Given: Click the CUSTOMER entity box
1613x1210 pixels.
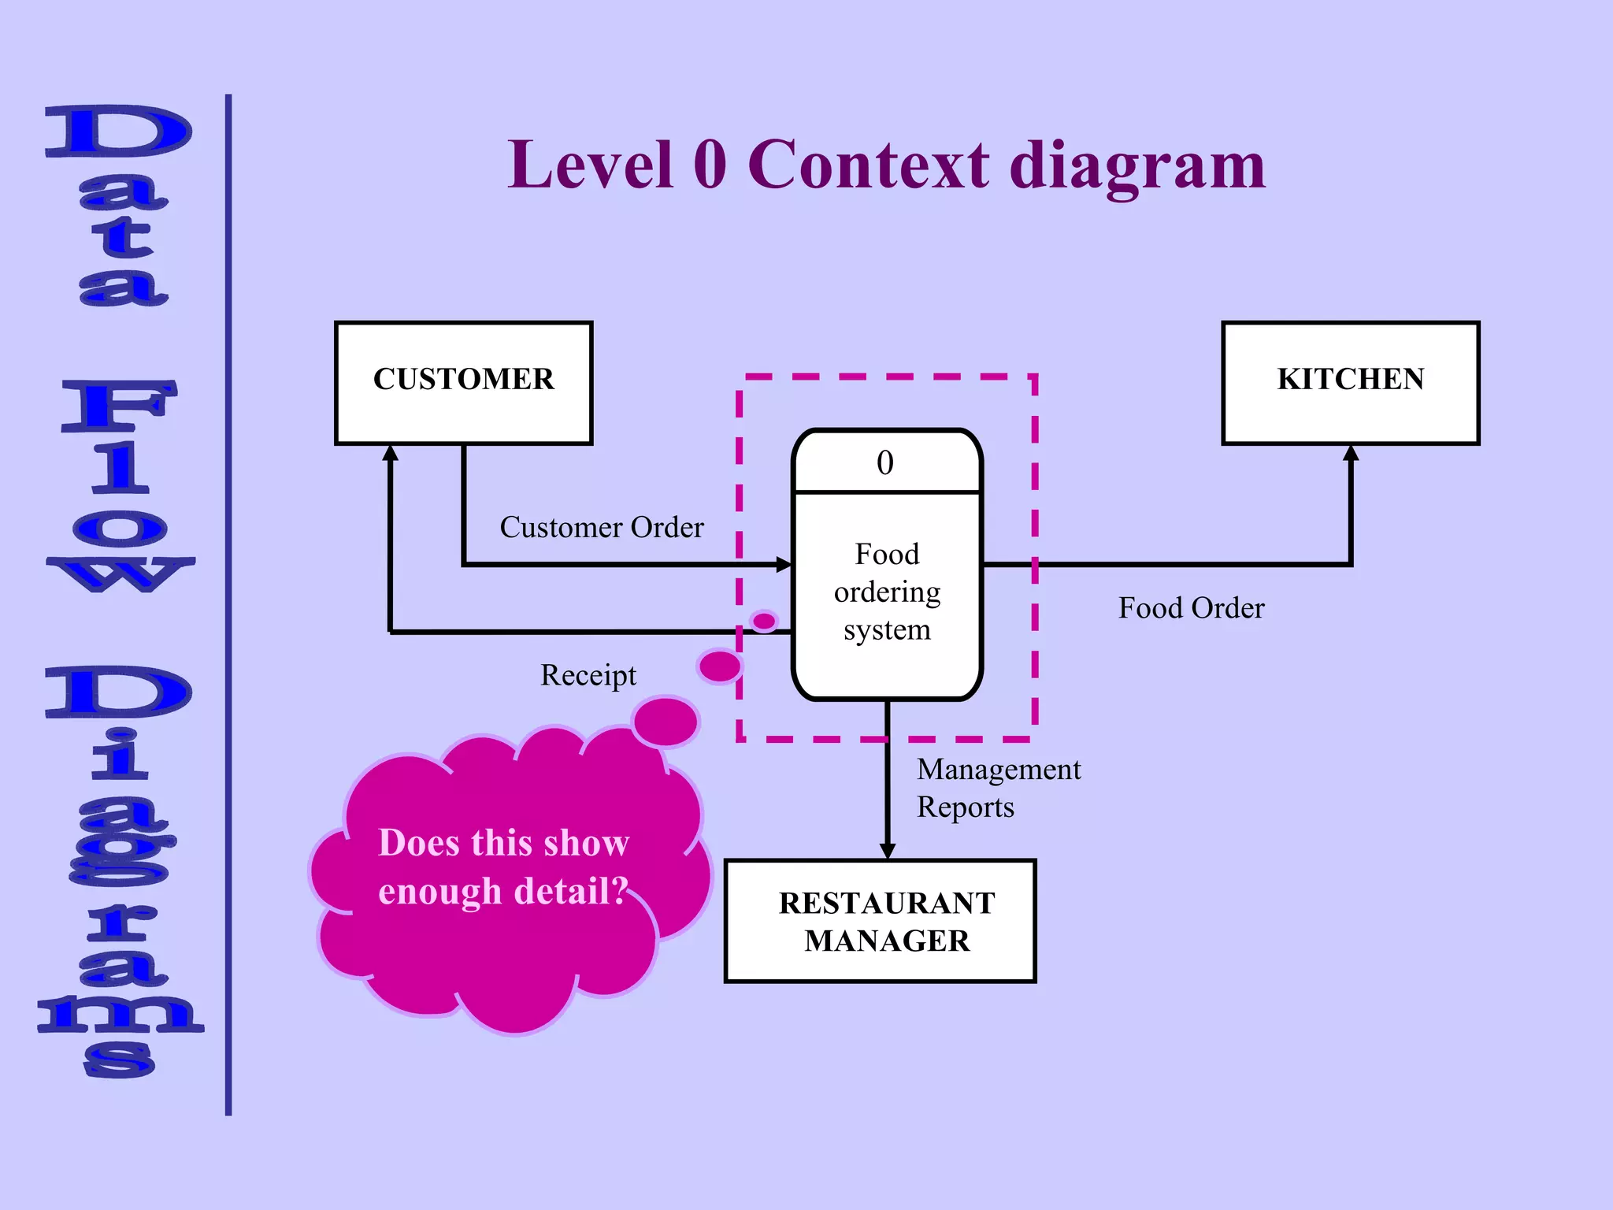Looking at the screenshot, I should (463, 383).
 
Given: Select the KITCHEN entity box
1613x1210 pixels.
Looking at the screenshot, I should (1350, 383).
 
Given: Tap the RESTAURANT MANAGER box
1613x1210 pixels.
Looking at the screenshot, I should (880, 921).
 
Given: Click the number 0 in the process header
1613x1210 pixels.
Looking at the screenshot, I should (885, 463).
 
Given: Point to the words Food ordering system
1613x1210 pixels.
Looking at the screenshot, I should (887, 592).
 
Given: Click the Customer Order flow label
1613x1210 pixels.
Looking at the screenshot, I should (602, 527).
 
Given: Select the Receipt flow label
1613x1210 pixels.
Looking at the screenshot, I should (588, 675).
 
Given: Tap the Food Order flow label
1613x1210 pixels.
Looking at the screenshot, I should (1191, 608).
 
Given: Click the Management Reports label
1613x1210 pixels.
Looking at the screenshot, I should (998, 788).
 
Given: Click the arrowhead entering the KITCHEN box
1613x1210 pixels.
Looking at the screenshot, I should (1351, 453).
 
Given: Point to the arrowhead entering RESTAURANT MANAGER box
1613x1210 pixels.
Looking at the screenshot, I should (888, 851).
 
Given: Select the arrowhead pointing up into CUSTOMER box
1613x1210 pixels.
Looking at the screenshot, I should (391, 453).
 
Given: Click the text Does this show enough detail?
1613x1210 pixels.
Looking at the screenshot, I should (504, 867).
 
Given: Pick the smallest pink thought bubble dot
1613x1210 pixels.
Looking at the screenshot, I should (764, 621).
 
